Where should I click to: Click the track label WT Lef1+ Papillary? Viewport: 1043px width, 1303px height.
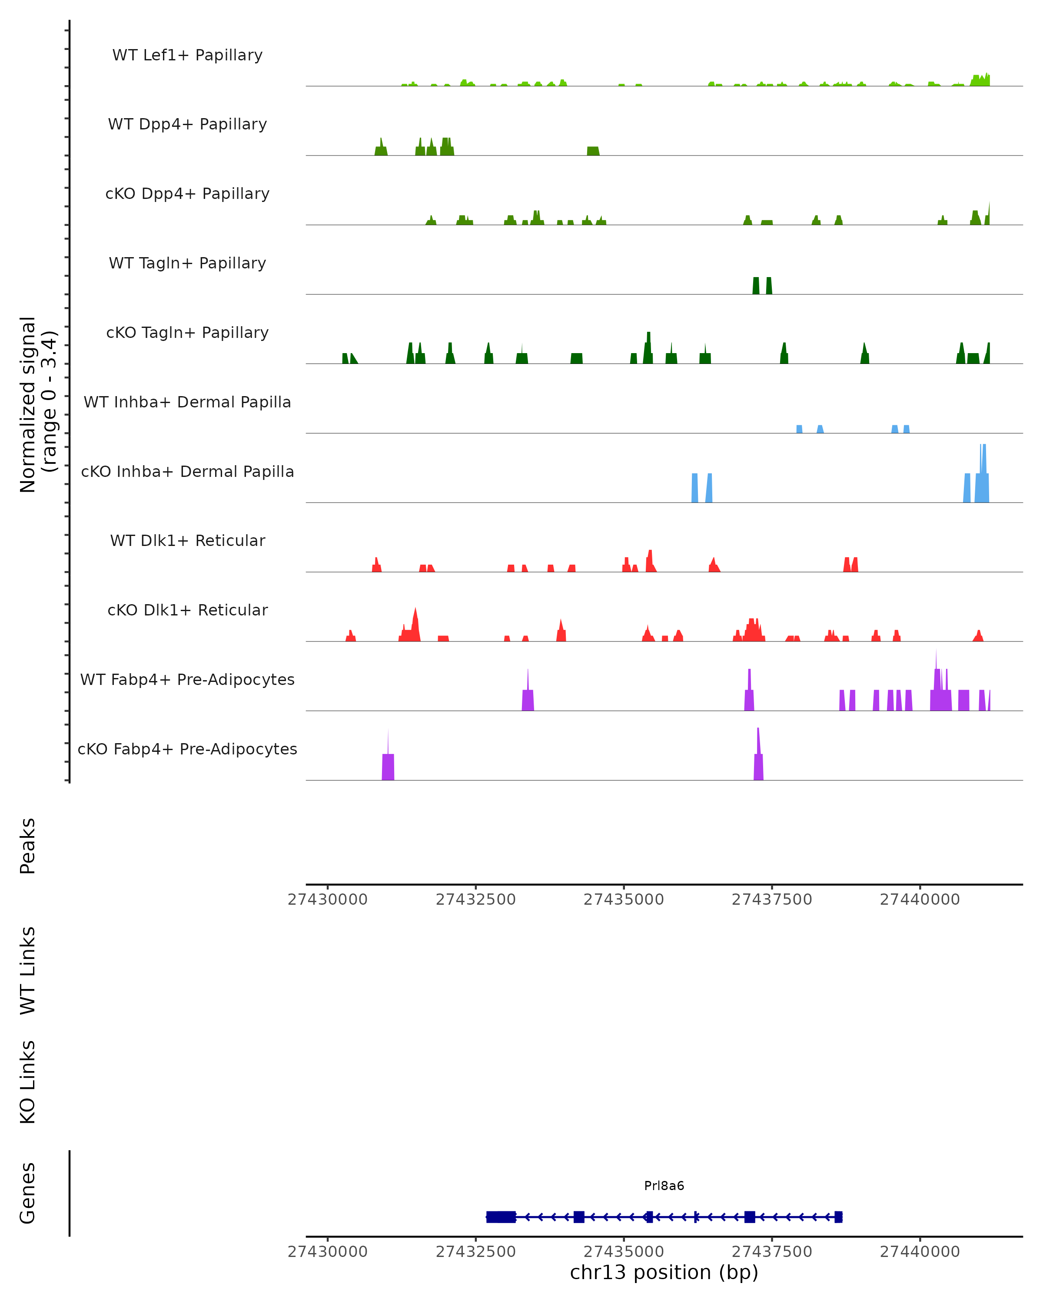click(x=187, y=55)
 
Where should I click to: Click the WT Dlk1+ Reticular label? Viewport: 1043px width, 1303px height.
click(x=187, y=540)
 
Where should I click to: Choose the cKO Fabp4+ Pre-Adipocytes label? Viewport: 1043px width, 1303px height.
click(x=187, y=749)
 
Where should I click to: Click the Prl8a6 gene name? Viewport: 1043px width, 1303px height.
click(x=664, y=1185)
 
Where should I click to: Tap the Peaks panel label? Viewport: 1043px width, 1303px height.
click(x=28, y=846)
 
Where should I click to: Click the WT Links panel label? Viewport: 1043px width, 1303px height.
click(x=28, y=970)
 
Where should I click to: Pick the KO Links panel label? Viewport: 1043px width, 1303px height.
click(x=28, y=1082)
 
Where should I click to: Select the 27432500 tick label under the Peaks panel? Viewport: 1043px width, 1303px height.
click(x=476, y=900)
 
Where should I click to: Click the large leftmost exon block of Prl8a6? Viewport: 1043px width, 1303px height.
click(x=501, y=1217)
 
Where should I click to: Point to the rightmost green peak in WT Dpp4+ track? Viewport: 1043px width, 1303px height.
click(x=593, y=151)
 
